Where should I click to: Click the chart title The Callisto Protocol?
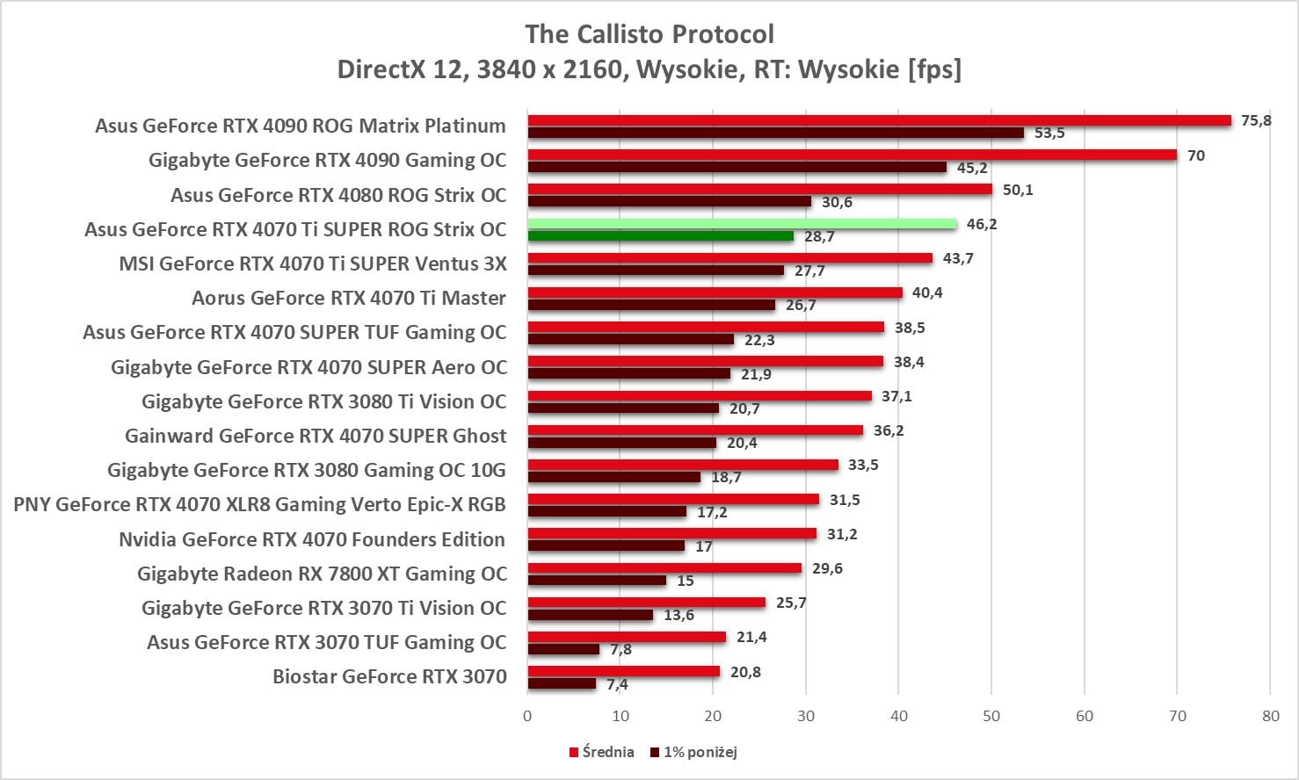click(x=649, y=34)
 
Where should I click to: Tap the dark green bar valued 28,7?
click(x=660, y=235)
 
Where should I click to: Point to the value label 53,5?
click(x=1049, y=134)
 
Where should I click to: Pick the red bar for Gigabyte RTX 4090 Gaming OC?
click(x=852, y=155)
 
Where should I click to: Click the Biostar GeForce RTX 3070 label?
click(x=389, y=676)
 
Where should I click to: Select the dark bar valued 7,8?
click(x=563, y=649)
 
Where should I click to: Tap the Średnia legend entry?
click(x=602, y=752)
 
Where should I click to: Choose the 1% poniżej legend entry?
click(x=693, y=752)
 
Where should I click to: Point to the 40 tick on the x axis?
click(x=898, y=716)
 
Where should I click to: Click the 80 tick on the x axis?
click(x=1270, y=716)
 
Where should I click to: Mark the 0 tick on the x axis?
click(x=527, y=716)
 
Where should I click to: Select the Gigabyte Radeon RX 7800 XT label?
click(x=322, y=574)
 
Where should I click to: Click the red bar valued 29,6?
click(x=664, y=568)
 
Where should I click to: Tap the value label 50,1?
click(x=1018, y=190)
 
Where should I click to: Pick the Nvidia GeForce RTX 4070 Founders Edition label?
click(x=312, y=539)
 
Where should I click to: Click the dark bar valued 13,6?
click(x=590, y=615)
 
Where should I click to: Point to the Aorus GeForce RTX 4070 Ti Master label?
click(x=349, y=298)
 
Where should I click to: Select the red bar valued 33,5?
click(x=683, y=465)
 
